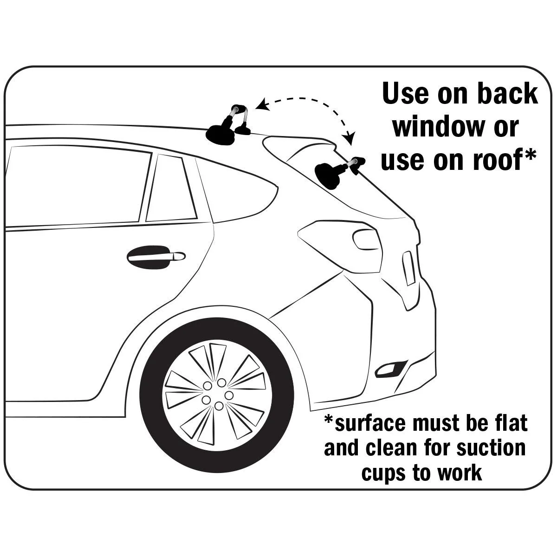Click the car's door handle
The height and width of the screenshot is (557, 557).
tap(156, 257)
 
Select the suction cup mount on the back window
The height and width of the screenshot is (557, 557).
tap(339, 172)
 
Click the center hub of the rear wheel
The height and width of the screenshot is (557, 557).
tap(218, 395)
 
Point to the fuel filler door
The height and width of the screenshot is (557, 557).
tap(365, 240)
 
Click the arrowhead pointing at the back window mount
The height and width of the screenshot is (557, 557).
tap(350, 137)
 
